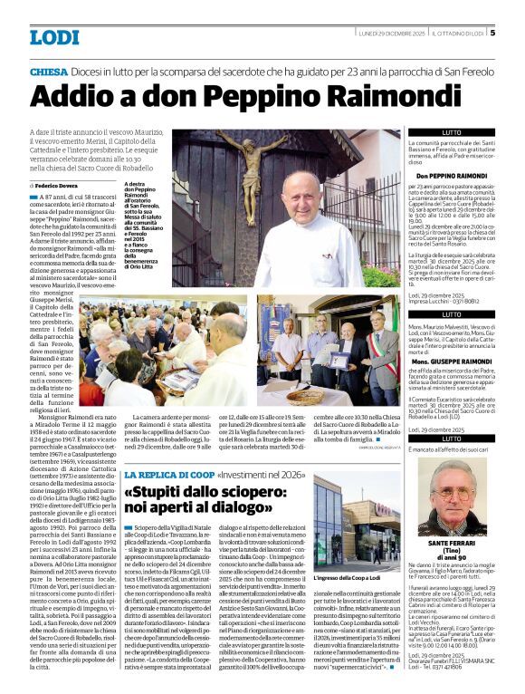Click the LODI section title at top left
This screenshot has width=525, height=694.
54,37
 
